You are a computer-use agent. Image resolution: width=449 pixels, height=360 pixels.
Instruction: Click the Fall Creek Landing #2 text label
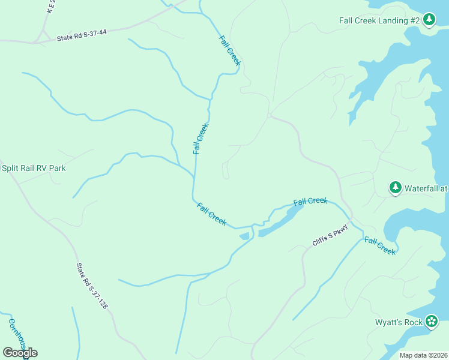[379, 20]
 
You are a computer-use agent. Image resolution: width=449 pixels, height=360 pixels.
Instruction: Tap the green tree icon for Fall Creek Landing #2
[429, 20]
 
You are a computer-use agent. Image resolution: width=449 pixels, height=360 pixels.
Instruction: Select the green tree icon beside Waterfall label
[395, 188]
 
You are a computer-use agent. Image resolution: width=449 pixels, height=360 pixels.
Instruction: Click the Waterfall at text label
[426, 188]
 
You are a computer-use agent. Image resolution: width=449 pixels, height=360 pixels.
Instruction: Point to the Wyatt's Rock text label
[399, 322]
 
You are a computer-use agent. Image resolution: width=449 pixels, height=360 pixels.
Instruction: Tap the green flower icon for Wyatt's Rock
[431, 322]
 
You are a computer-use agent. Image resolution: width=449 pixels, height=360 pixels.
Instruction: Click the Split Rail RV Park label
[33, 168]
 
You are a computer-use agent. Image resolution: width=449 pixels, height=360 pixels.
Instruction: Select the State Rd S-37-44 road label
[82, 37]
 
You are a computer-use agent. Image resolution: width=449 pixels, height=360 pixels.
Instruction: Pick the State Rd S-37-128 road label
[92, 286]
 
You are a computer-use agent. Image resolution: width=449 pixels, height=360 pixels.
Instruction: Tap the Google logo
[20, 353]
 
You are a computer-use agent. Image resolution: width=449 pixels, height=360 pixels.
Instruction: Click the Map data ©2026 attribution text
[423, 355]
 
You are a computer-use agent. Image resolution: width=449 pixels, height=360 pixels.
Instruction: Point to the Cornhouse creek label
[17, 337]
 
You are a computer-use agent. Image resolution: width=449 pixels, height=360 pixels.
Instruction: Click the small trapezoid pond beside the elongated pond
[244, 236]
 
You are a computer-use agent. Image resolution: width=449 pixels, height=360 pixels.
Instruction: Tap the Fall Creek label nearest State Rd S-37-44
[230, 51]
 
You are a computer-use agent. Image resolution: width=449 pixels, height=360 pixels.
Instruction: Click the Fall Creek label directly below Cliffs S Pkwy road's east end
[379, 246]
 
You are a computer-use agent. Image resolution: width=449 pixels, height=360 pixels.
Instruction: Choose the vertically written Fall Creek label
[200, 139]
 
